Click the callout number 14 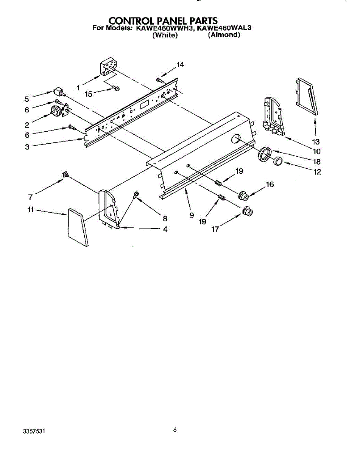tap(180, 65)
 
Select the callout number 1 tap(78, 87)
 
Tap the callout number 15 tap(89, 94)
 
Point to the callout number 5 tap(27, 99)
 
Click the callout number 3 tap(27, 147)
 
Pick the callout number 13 tap(316, 142)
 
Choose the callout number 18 tap(317, 162)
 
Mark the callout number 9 tap(192, 215)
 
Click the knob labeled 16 tap(243, 196)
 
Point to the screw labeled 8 tap(135, 195)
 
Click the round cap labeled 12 tap(278, 161)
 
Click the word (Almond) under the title tap(224, 35)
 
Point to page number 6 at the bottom tap(175, 430)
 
